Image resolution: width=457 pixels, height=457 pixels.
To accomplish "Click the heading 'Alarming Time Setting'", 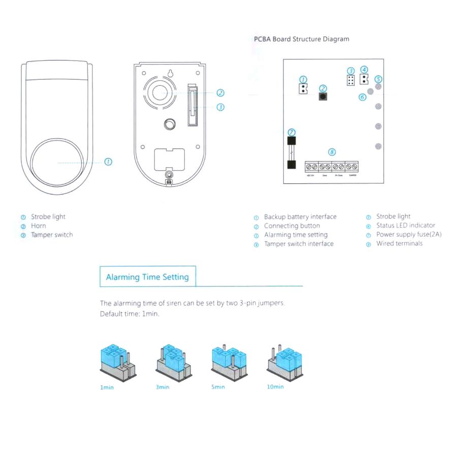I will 147,277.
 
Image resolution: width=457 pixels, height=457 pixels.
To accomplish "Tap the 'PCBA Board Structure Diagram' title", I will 301,39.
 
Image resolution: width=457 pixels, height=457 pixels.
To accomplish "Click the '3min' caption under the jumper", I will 162,387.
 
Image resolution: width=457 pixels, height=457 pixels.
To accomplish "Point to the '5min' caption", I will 218,387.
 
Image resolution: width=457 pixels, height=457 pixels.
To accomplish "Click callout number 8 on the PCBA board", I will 332,152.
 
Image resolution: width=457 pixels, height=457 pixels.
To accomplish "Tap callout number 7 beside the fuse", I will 291,132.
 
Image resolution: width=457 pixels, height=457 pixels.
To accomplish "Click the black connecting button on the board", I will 322,96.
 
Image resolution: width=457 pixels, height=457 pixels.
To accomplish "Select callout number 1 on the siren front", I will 108,161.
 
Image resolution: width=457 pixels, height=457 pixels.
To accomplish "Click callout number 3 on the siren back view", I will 220,107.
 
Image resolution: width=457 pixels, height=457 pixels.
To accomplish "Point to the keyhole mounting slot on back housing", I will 171,73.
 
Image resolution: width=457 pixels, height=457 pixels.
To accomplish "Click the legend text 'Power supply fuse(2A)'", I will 409,235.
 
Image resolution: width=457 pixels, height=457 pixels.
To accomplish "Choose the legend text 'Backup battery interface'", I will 300,217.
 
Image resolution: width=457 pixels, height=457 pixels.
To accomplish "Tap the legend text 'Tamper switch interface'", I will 299,244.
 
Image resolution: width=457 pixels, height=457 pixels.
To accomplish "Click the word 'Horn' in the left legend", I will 38,226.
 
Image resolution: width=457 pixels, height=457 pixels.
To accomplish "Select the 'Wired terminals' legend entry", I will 399,244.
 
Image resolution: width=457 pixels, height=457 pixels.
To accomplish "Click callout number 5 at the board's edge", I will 378,79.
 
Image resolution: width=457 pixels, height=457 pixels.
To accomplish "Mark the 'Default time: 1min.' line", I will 129,314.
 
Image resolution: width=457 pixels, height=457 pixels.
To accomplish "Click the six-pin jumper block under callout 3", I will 350,80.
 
